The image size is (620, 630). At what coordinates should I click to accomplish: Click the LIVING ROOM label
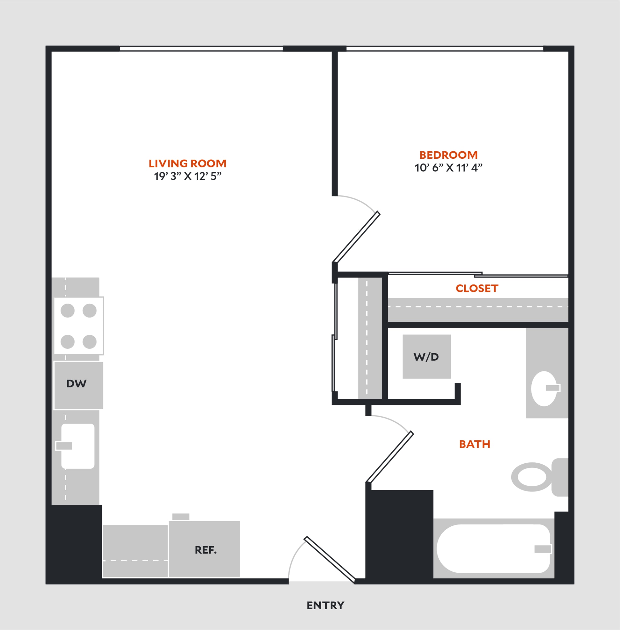[x=188, y=163]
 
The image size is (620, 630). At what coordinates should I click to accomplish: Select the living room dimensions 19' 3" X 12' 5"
[x=188, y=176]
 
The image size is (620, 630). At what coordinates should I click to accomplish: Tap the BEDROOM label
[x=449, y=155]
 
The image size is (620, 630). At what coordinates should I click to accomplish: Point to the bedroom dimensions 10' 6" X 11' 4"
[x=449, y=168]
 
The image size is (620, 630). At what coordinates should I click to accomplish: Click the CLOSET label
[x=477, y=288]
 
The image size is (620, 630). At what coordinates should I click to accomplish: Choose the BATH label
[x=475, y=444]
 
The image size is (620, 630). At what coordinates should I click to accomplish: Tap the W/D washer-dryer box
[x=426, y=357]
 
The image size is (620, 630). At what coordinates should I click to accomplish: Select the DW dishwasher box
[x=78, y=385]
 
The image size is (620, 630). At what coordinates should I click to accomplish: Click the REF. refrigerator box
[x=204, y=549]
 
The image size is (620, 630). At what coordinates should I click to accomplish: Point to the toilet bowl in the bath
[x=532, y=477]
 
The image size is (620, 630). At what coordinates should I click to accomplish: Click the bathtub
[x=493, y=549]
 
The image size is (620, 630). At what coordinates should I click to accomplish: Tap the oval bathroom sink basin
[x=544, y=388]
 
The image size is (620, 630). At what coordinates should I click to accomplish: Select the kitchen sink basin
[x=78, y=446]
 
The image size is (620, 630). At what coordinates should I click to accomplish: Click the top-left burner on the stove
[x=67, y=311]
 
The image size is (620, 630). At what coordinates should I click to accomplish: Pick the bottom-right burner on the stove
[x=90, y=342]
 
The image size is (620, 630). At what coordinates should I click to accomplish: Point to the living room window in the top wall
[x=201, y=49]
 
